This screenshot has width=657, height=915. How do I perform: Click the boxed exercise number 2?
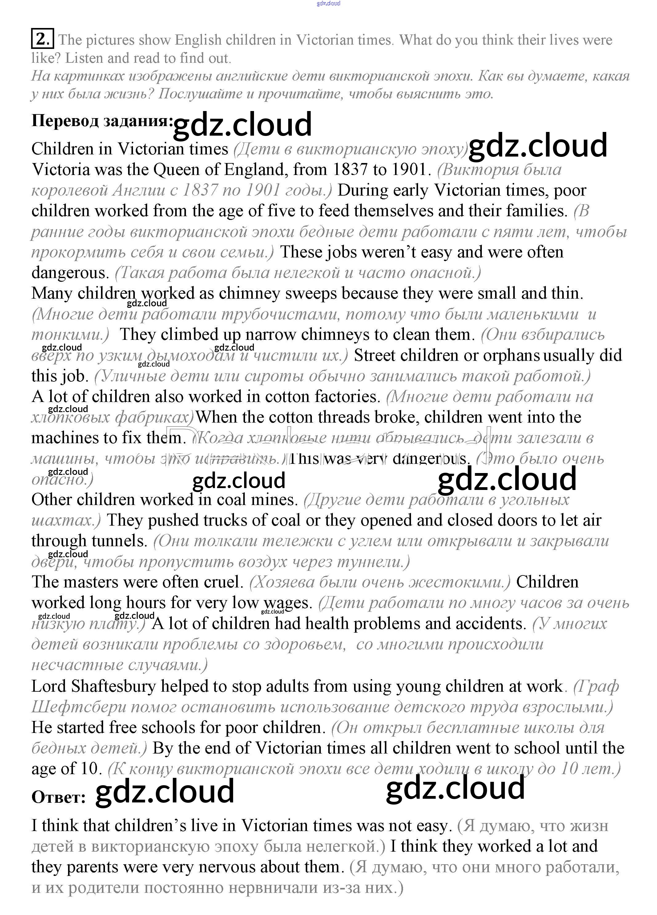pos(42,39)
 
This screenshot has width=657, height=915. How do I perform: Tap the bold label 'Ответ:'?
pos(58,797)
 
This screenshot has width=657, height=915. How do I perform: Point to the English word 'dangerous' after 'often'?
pos(70,273)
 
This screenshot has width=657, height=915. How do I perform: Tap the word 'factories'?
pos(346,396)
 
